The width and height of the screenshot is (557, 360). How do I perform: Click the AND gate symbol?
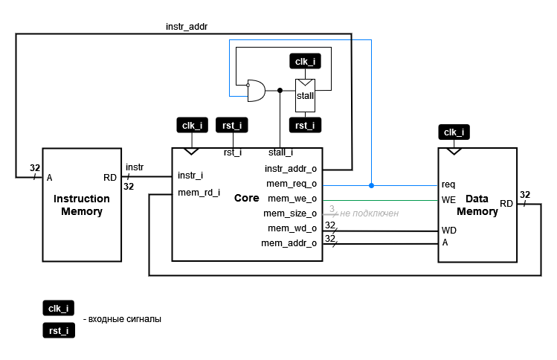click(256, 91)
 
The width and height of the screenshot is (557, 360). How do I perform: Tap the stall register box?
click(306, 95)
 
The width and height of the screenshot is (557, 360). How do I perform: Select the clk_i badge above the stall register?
click(306, 62)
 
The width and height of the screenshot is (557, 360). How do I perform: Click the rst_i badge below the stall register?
click(306, 125)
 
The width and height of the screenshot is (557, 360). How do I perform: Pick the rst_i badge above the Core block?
click(233, 125)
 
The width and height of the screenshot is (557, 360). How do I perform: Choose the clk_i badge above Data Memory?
click(454, 132)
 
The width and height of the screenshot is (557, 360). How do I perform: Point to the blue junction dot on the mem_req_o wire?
click(371, 184)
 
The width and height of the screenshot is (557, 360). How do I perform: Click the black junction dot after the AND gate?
click(280, 90)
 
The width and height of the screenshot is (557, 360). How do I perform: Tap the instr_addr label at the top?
click(186, 26)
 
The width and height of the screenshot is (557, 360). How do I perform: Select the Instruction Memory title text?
click(81, 205)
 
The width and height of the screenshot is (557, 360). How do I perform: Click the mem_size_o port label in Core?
click(292, 213)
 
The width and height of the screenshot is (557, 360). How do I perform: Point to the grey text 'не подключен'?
click(369, 213)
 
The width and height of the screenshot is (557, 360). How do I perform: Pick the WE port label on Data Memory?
click(448, 199)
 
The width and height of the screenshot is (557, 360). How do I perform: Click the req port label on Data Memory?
click(448, 184)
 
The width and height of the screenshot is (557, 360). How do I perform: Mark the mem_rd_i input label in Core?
click(199, 193)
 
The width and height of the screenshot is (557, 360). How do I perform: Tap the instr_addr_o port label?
click(291, 169)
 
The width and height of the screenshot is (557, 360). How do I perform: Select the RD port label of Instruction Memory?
click(110, 178)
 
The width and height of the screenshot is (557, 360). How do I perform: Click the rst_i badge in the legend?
click(58, 330)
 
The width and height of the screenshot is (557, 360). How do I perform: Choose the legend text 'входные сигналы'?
click(125, 319)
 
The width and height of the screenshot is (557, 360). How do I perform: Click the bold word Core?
click(246, 199)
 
